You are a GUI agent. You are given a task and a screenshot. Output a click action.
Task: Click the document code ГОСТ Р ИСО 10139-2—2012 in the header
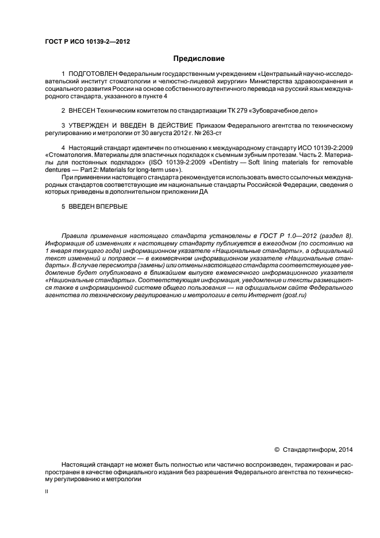(83, 42)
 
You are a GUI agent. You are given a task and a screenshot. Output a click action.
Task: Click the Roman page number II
(47, 492)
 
